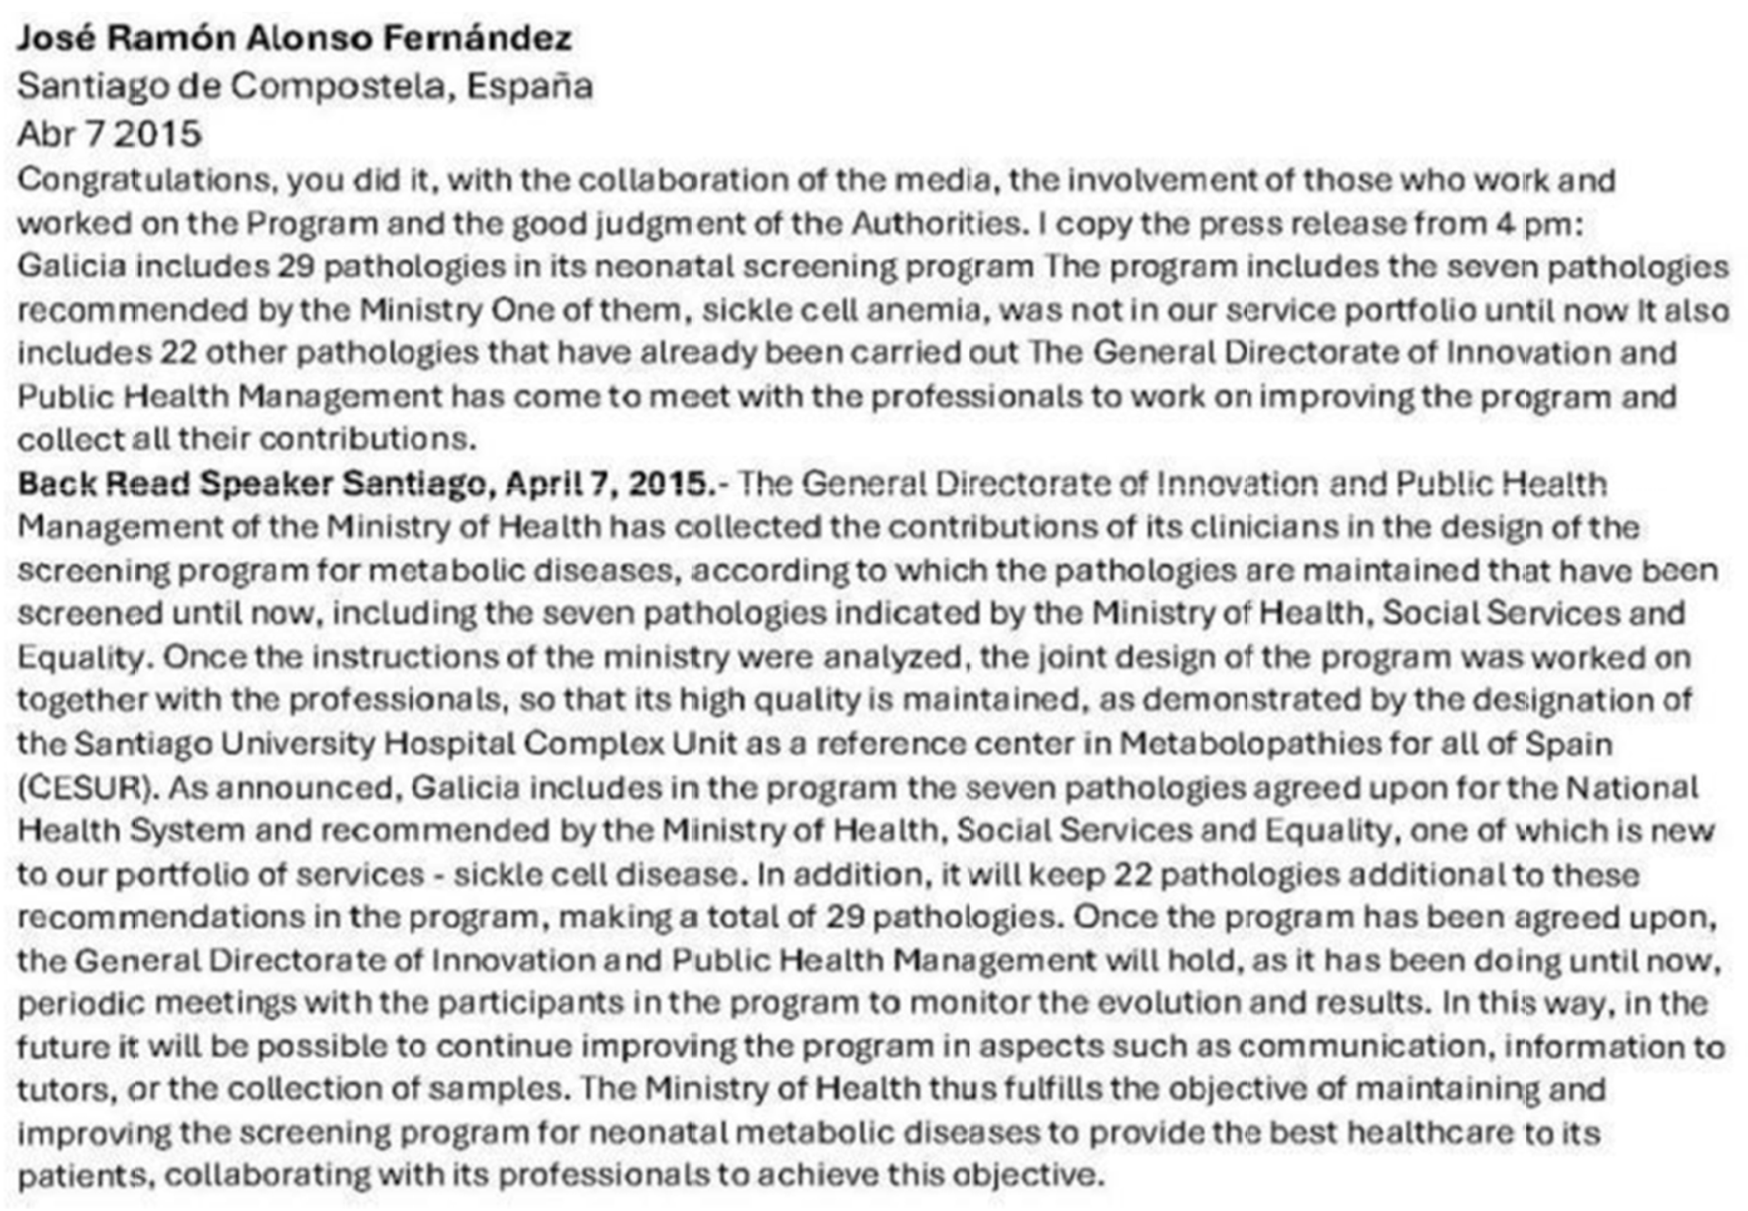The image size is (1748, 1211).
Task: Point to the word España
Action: (529, 86)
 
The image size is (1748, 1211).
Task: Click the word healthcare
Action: (1434, 1133)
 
